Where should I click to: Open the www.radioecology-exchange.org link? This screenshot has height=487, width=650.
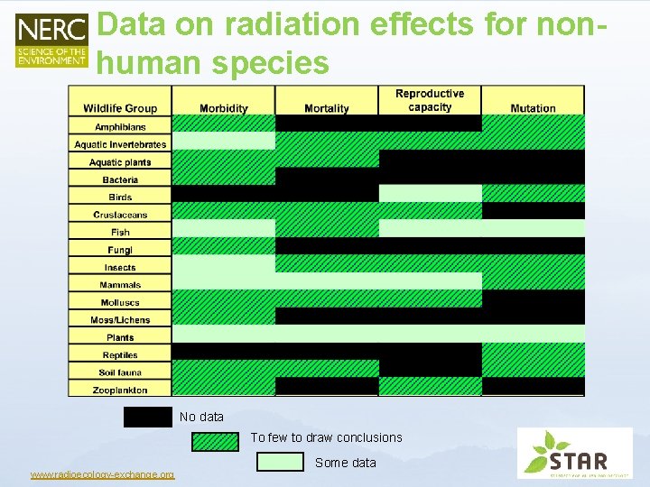[x=102, y=475]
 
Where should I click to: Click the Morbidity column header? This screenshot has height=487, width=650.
[x=223, y=108]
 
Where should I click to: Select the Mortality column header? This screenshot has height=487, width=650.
[x=327, y=108]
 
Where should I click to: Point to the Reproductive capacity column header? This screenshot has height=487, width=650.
[x=430, y=100]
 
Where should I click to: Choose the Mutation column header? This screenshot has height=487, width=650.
[x=533, y=108]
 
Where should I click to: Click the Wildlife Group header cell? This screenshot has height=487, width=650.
[x=120, y=108]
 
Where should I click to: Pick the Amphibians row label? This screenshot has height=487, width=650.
[x=120, y=127]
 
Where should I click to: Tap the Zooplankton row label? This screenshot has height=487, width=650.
[x=120, y=390]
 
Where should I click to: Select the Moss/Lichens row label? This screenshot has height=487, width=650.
[x=120, y=320]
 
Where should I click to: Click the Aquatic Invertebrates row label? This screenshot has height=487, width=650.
[x=120, y=144]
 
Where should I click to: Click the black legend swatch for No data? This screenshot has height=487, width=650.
[x=148, y=417]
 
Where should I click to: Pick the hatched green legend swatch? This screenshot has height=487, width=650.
[x=215, y=440]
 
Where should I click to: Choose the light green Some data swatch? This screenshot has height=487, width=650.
[x=280, y=462]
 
